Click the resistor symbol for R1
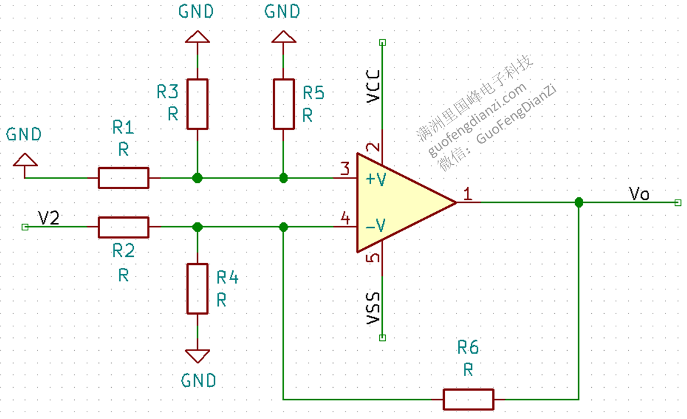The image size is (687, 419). click(124, 178)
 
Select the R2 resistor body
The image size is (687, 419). click(124, 227)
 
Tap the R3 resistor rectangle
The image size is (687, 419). click(197, 104)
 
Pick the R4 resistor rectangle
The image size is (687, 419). click(197, 289)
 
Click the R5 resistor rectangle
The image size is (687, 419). click(283, 104)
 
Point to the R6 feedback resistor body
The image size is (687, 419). click(468, 399)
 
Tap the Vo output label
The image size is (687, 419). click(639, 194)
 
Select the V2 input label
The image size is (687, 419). click(48, 217)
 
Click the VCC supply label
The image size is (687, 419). click(373, 86)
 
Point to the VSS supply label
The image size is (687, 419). click(373, 308)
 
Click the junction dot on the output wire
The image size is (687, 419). click(579, 202)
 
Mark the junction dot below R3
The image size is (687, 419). click(197, 178)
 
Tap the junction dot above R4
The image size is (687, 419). click(197, 227)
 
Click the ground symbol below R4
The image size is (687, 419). click(197, 356)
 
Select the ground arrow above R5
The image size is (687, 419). click(283, 37)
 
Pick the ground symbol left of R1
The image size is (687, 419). click(25, 160)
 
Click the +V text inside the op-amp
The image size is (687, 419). click(376, 179)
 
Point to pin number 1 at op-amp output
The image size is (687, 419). click(468, 194)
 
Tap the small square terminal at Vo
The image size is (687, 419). click(678, 203)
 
